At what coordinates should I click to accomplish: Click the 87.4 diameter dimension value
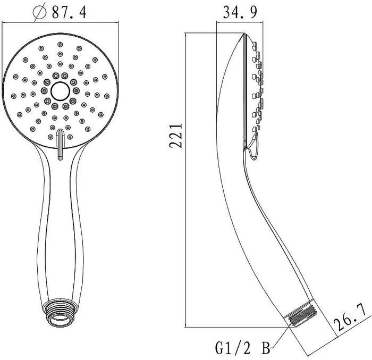[69, 12]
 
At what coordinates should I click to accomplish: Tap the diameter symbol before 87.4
[40, 13]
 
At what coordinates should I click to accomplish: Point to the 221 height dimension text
[176, 136]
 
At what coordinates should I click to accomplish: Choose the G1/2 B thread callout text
[242, 348]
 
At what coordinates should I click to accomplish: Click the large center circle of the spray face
[60, 91]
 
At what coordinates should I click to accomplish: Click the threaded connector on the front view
[60, 313]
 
